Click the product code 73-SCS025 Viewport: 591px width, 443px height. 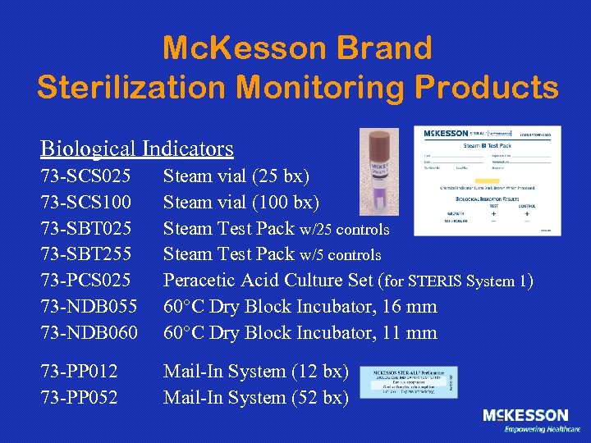(85, 176)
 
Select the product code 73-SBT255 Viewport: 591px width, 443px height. (85, 254)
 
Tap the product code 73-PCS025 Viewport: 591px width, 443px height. (85, 281)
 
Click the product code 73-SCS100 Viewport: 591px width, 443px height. (85, 202)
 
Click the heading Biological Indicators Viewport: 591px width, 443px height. (137, 148)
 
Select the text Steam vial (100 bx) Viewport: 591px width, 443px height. (241, 202)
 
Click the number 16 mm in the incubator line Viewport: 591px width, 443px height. (406, 307)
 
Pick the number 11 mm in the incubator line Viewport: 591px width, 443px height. (406, 333)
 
